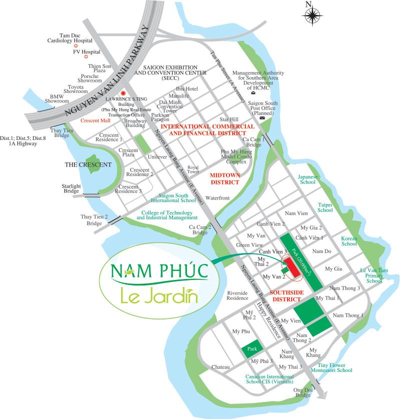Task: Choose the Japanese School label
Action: pyautogui.click(x=307, y=179)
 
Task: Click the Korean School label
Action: pyautogui.click(x=349, y=241)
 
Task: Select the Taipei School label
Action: pyautogui.click(x=325, y=207)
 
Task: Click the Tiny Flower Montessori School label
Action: pyautogui.click(x=331, y=367)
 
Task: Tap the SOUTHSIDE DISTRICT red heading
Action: pyautogui.click(x=285, y=295)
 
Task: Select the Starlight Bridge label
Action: pyautogui.click(x=71, y=188)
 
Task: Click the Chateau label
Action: pyautogui.click(x=220, y=367)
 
